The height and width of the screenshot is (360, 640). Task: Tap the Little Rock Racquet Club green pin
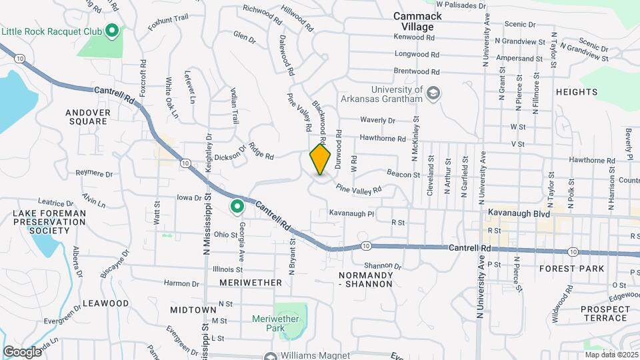click(112, 30)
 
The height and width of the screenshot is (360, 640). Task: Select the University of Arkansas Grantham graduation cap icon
click(433, 93)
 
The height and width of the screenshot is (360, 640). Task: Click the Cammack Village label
click(413, 21)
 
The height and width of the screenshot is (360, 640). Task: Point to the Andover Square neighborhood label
click(87, 117)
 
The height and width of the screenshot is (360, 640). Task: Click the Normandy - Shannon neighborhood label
click(365, 279)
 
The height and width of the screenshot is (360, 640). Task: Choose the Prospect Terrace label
click(605, 314)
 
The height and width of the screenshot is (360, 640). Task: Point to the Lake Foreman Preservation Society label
click(41, 222)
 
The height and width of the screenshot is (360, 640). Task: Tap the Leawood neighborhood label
click(105, 303)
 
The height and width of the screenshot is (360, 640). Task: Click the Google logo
click(22, 351)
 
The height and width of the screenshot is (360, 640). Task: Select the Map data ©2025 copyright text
click(609, 354)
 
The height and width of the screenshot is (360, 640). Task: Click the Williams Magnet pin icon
click(270, 356)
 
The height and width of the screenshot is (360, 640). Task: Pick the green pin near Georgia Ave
click(237, 207)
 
